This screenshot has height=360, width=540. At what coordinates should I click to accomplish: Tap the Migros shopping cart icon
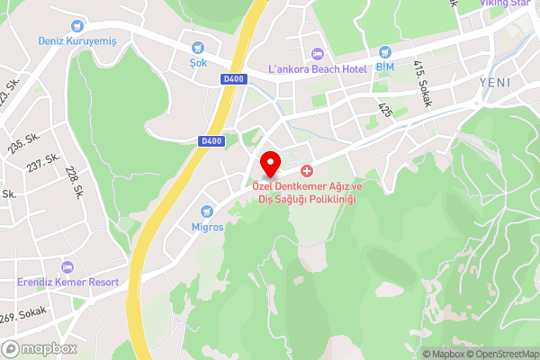[x=208, y=211]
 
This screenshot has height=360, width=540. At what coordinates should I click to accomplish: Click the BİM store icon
[x=385, y=52]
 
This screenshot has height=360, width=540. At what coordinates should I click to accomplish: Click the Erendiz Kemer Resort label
[x=68, y=282]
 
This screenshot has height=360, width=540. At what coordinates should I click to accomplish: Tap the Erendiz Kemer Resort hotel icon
[x=68, y=266]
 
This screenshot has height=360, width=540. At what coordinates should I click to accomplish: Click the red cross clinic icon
[x=307, y=171]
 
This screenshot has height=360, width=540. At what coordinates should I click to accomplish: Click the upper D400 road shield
[x=232, y=79]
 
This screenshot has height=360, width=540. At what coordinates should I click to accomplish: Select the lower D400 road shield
[x=211, y=140]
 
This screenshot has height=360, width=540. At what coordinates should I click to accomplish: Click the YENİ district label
[x=495, y=81]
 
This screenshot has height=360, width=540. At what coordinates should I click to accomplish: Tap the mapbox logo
[x=40, y=348]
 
